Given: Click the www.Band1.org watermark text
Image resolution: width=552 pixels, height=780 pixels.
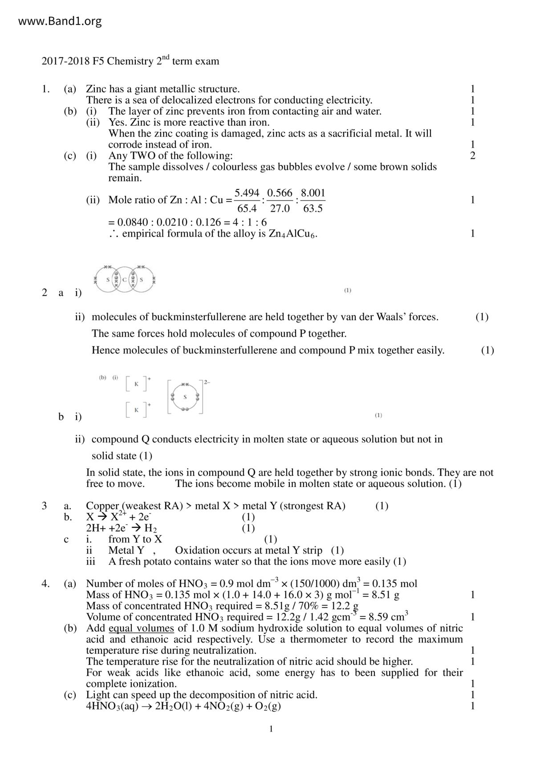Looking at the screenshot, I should pyautogui.click(x=60, y=21).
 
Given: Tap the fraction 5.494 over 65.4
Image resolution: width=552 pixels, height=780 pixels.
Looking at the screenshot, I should pyautogui.click(x=247, y=200).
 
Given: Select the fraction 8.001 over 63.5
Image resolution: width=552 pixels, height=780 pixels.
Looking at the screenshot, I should pyautogui.click(x=313, y=200).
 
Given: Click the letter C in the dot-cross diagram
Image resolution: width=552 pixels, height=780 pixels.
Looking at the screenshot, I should pyautogui.click(x=125, y=280).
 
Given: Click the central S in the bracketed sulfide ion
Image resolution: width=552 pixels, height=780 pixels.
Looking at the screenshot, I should pyautogui.click(x=185, y=397).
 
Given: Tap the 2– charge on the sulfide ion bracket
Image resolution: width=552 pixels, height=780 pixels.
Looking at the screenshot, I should pyautogui.click(x=207, y=382).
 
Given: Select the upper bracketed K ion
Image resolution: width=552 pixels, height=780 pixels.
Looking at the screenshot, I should pyautogui.click(x=137, y=384).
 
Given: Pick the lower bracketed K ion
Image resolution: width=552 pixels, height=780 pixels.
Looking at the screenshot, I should pyautogui.click(x=137, y=410).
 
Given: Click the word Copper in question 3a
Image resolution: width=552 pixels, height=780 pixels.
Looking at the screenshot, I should pyautogui.click(x=102, y=506).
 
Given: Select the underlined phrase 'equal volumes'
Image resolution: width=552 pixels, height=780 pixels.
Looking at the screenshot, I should pyautogui.click(x=141, y=628).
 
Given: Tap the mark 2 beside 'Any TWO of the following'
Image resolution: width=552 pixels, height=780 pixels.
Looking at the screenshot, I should pyautogui.click(x=472, y=156).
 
